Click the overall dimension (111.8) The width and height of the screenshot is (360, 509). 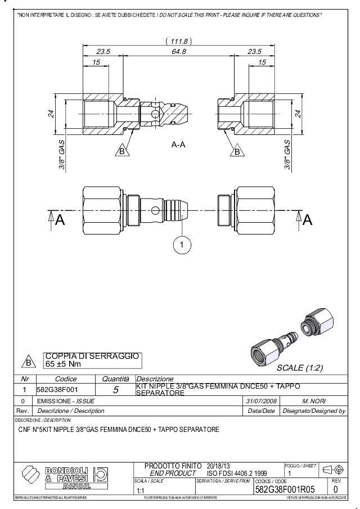tap(179, 41)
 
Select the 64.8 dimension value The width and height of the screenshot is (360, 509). tap(178, 52)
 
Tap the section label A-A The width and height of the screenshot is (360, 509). tap(178, 145)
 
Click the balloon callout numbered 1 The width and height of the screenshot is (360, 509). tap(183, 245)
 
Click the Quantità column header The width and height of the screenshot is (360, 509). tap(115, 379)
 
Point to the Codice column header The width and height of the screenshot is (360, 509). tap(66, 379)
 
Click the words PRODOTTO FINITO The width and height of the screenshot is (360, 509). tap(173, 466)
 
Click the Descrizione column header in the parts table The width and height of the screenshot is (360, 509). tap(155, 379)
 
